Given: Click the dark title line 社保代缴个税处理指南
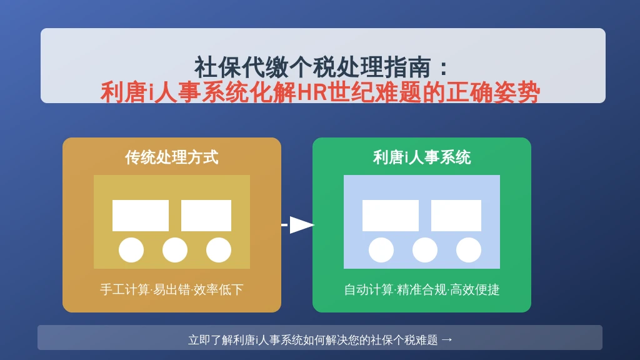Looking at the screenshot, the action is pos(312,67).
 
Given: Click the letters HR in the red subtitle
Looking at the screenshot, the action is pos(312,92).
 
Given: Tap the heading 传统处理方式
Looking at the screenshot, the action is pos(172,157).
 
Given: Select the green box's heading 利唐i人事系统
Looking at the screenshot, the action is pos(422,157).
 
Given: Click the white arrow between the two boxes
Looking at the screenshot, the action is pos(298,225).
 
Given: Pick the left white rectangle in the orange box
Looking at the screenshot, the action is pos(141,216).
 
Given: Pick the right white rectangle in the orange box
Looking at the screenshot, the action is pos(206,216).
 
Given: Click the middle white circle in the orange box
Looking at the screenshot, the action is pos(175,250).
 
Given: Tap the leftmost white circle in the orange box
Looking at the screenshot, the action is pos(131,250).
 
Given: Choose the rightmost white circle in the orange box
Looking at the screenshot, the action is pos(219,250).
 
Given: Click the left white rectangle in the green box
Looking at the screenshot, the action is pos(391,216).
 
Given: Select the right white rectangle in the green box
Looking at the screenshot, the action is pos(456,216).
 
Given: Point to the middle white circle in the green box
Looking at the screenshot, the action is pos(425,250).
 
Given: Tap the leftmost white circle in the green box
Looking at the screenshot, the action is pos(381,250).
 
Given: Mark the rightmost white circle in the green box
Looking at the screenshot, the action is pos(469,250).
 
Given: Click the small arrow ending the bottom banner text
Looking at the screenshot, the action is pos(447,339).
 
